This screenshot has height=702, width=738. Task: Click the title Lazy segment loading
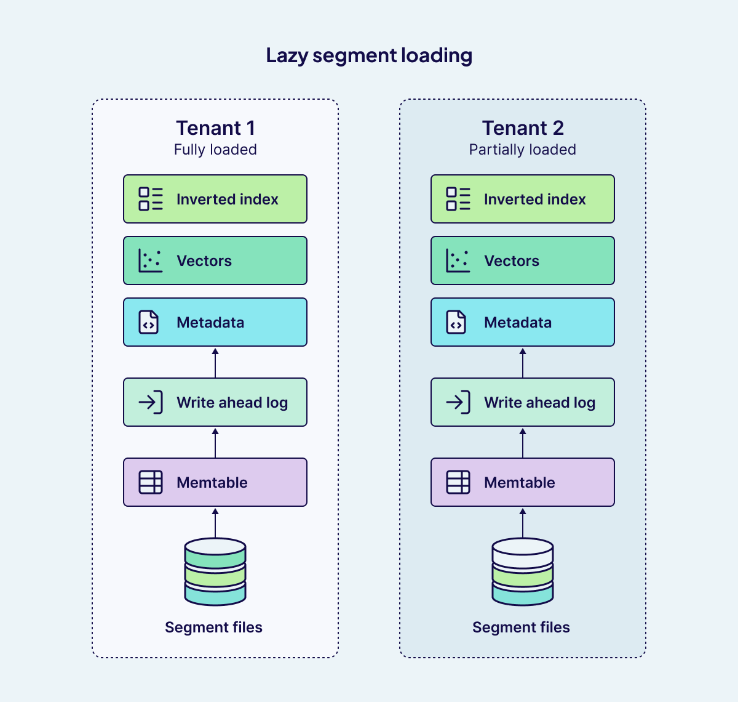coord(369,55)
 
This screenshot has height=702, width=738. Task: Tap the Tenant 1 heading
coord(215,128)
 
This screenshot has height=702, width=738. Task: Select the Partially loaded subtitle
coord(522,150)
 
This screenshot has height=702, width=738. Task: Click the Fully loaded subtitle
coord(215,150)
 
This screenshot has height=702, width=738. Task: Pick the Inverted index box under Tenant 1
coord(215,199)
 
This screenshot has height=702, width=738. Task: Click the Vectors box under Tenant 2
coord(523,260)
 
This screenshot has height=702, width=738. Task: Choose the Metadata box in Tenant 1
coord(215,322)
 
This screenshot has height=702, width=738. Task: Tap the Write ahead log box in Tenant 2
coord(523,402)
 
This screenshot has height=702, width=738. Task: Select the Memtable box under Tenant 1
coord(215,482)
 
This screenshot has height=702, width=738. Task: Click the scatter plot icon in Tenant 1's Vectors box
coord(150,260)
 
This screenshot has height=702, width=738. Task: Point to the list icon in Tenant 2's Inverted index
coord(458,199)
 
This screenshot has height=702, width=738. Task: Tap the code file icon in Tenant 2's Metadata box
coord(456,322)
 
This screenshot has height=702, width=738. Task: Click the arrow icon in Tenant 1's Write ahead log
coord(151,402)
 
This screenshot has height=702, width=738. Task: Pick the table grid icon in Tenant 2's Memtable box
coord(458,482)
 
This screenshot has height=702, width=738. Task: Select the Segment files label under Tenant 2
coord(521,627)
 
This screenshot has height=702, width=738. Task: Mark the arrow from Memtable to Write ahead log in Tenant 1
coord(215,443)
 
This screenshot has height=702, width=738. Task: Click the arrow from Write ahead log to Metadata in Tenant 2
coord(523,363)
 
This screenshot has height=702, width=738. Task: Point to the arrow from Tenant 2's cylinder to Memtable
coord(523,523)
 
